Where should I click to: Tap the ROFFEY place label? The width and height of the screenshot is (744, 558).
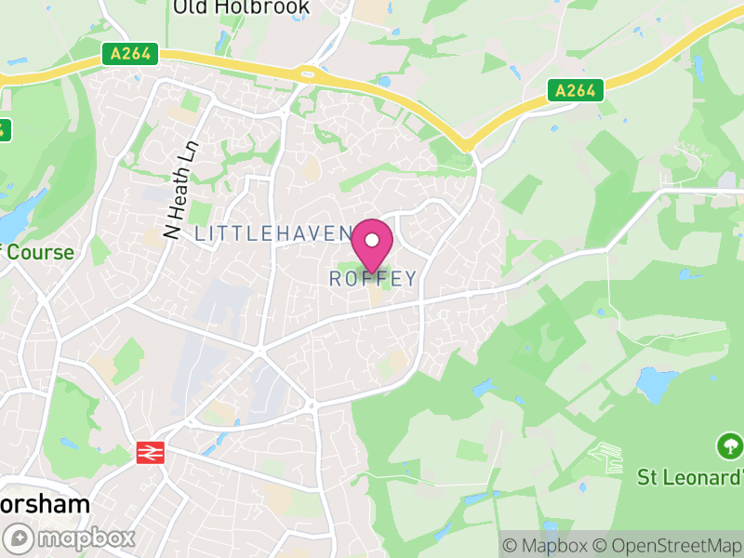point(373,278)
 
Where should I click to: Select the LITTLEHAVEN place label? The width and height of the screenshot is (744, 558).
point(272,233)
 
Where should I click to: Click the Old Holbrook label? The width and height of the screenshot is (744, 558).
point(240,8)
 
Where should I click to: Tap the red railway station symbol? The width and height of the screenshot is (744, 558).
point(148,453)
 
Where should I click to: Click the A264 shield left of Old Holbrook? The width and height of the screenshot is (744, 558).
point(128,55)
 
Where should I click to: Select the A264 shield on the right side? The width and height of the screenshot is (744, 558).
point(575,90)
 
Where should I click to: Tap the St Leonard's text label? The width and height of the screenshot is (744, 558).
point(691,477)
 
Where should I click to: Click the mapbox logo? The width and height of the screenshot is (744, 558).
point(70,537)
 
